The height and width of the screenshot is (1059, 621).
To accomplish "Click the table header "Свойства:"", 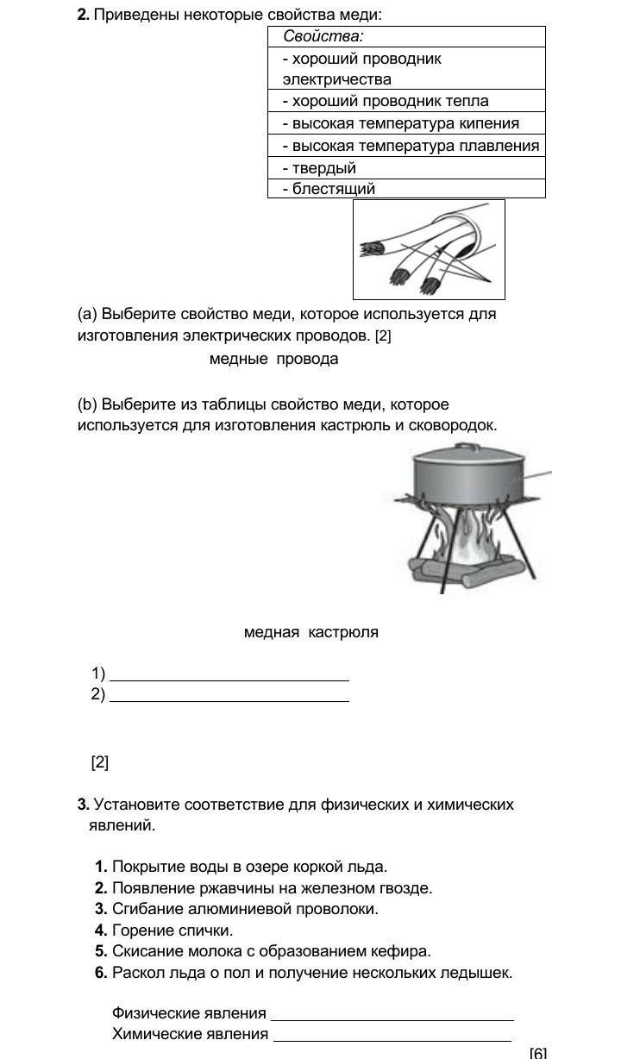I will (x=323, y=36).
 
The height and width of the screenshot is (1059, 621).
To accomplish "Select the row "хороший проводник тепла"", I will (x=386, y=101).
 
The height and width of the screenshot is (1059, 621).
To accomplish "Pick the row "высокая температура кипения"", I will (x=401, y=123).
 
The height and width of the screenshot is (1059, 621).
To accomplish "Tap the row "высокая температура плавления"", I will (x=411, y=146).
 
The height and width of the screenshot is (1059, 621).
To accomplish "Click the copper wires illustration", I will (x=428, y=250).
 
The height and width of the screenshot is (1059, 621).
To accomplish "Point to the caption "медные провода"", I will (x=273, y=359).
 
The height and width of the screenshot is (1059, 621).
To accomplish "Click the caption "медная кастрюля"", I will (x=310, y=632).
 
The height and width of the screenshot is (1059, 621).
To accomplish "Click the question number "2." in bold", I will (x=84, y=16).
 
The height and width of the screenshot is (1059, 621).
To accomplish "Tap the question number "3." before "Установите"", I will (x=84, y=805).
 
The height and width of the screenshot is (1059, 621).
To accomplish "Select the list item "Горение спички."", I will (x=172, y=931).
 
